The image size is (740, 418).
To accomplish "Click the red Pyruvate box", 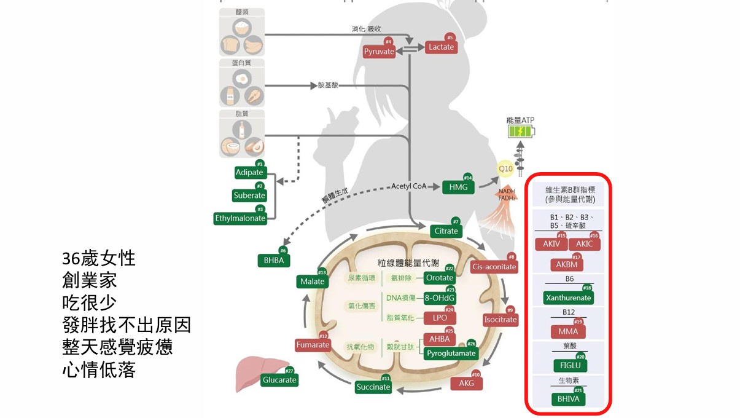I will click(379, 52).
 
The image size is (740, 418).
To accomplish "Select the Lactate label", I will click(441, 47).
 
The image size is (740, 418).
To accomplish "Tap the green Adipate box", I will click(249, 173).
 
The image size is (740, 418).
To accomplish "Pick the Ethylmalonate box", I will click(240, 218).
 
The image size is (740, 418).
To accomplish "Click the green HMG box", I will click(458, 186).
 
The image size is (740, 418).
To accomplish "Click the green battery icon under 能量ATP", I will click(521, 131).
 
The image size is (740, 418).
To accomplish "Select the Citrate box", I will click(446, 231).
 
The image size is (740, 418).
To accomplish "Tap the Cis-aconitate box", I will click(494, 267).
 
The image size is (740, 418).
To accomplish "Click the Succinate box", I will click(373, 387).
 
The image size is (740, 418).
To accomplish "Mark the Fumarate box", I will click(313, 345).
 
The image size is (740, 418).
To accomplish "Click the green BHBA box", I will click(273, 261).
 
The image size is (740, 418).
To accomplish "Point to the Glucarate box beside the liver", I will click(279, 380).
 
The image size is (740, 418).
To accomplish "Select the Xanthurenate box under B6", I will click(568, 298).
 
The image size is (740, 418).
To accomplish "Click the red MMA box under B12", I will click(568, 332).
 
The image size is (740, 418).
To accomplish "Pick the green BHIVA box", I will click(568, 399).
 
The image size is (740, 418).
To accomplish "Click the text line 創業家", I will click(90, 280).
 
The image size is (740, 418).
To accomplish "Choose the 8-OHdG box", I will click(440, 299).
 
